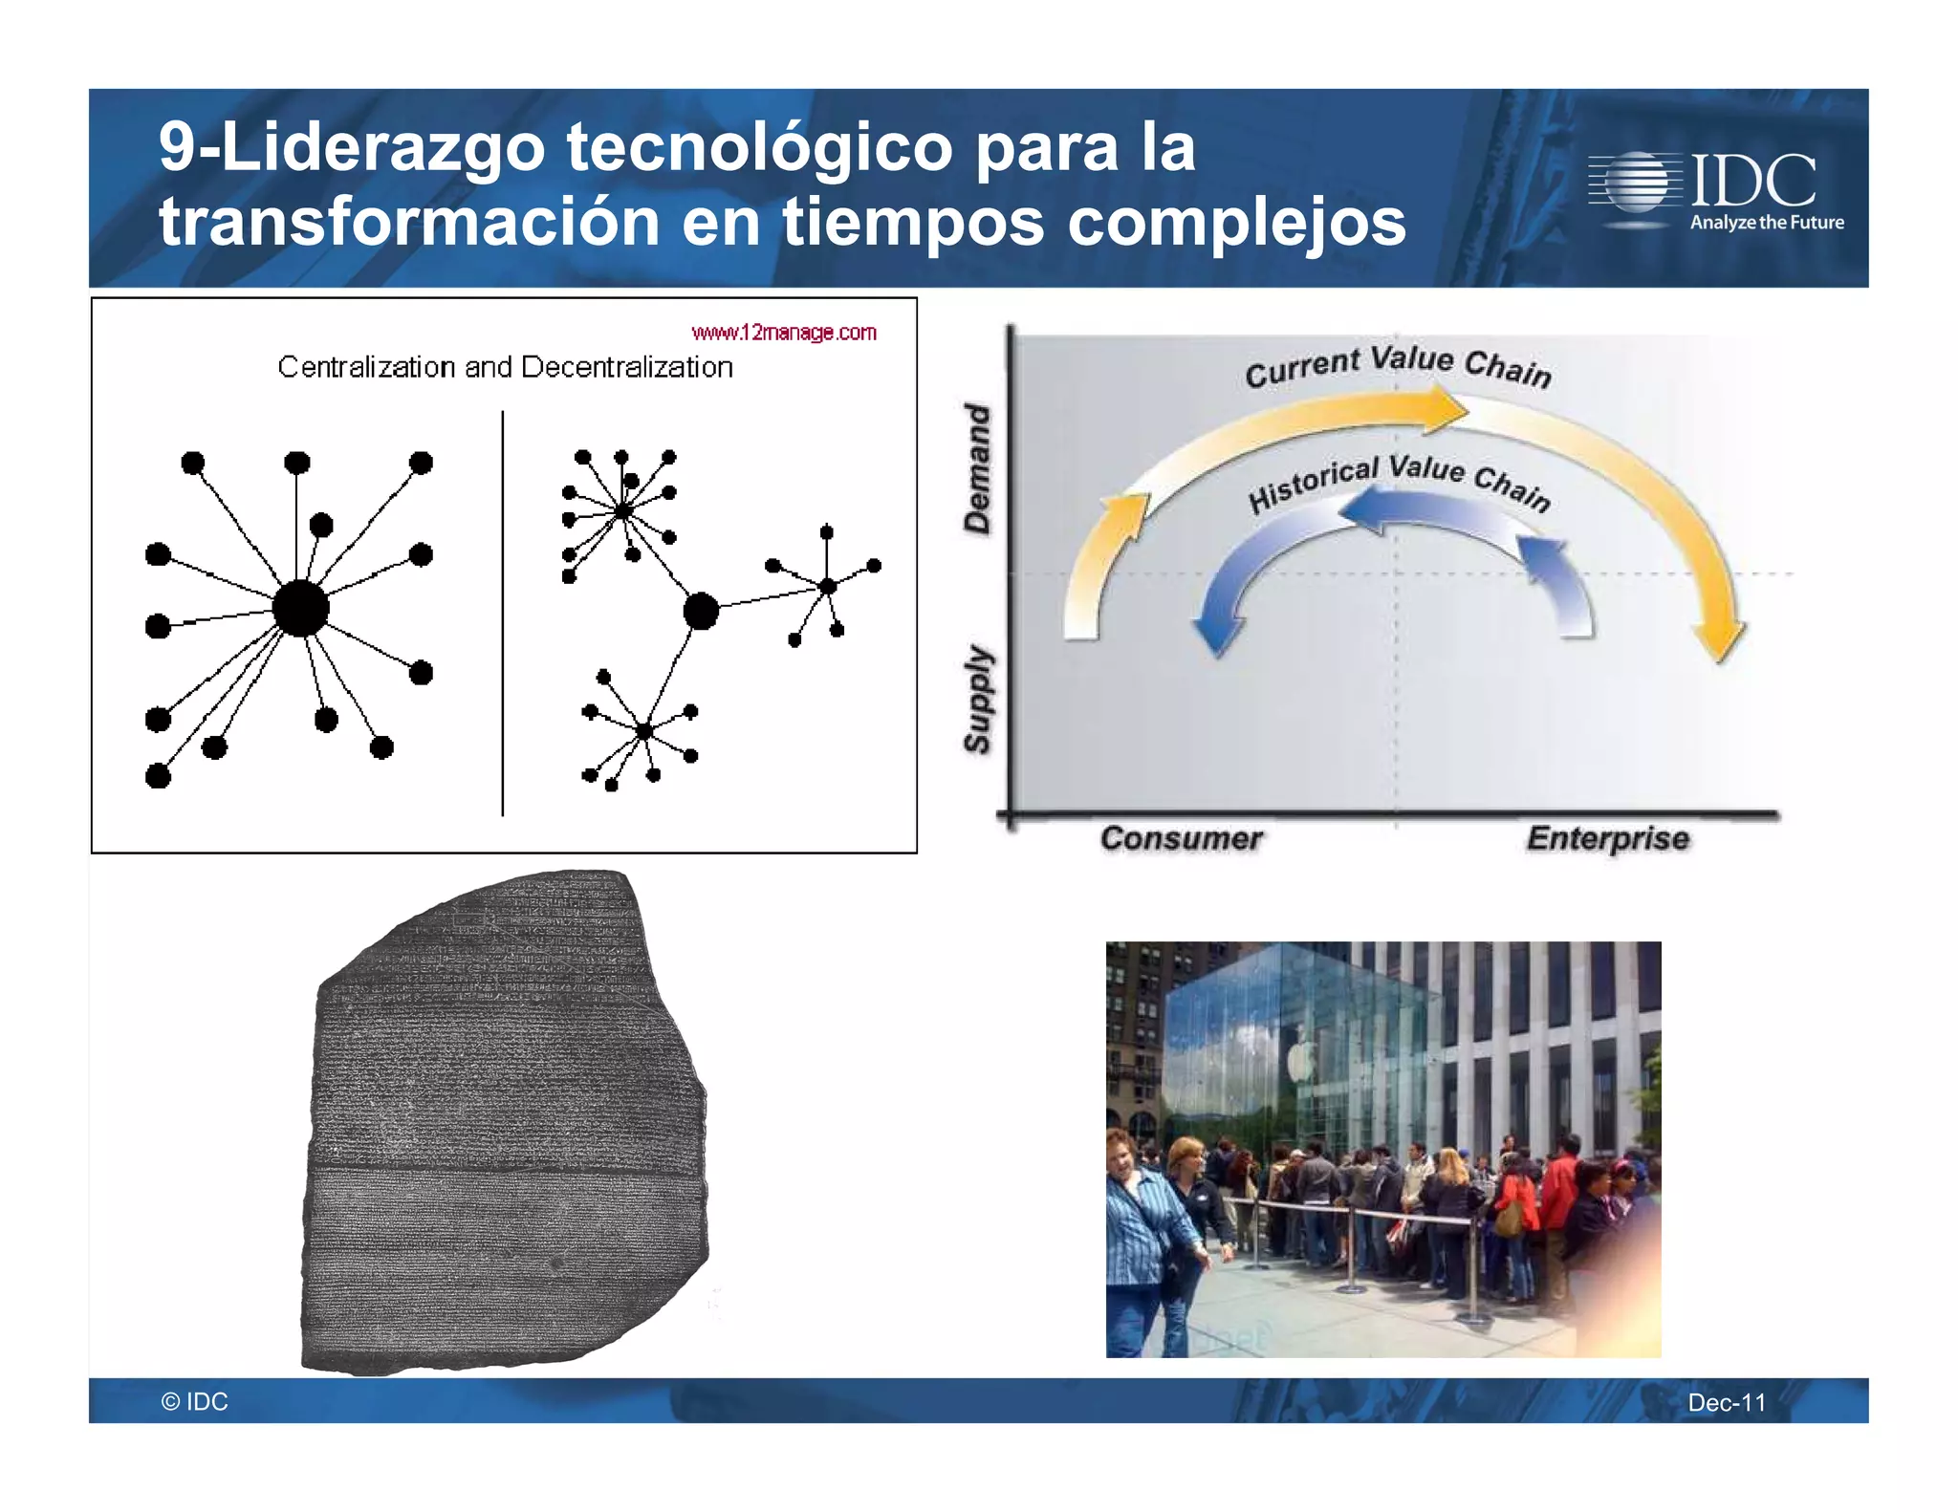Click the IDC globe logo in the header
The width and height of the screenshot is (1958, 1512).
tap(1636, 182)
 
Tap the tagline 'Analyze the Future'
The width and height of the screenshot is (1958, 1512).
tap(1767, 223)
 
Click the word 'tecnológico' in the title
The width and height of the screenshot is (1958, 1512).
tap(759, 147)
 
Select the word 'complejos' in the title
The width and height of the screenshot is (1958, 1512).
tap(1236, 222)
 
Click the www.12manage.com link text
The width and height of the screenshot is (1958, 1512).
tap(784, 333)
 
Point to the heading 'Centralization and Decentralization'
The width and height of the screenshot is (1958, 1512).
tap(505, 367)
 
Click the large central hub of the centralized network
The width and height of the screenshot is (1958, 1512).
tap(300, 608)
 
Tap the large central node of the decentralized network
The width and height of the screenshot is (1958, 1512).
tap(701, 611)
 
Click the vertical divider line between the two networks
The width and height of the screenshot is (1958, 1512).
tap(503, 612)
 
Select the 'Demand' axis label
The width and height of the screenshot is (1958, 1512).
tap(977, 467)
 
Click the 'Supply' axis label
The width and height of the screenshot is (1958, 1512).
tap(977, 699)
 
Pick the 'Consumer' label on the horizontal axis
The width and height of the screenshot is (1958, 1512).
tap(1181, 838)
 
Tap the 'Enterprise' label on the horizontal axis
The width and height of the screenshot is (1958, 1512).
tap(1607, 838)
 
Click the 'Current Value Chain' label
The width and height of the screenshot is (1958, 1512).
tap(1398, 366)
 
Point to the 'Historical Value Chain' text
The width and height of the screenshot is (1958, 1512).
tap(1399, 483)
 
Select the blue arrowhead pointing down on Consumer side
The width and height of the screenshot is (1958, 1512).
tap(1219, 636)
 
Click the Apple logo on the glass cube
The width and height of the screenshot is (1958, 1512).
tap(1300, 1062)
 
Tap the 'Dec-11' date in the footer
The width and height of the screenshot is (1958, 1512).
tap(1727, 1402)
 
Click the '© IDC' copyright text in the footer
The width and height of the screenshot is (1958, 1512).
tap(195, 1401)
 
